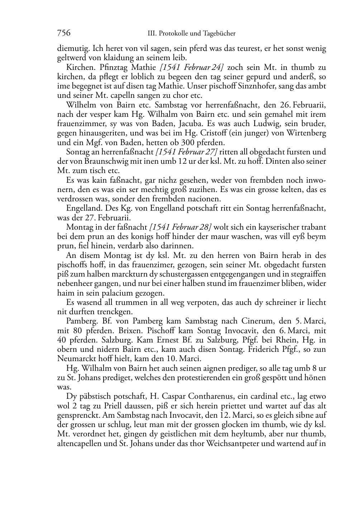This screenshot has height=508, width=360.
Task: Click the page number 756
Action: (64, 33)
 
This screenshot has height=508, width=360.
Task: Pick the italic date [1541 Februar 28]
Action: (180, 227)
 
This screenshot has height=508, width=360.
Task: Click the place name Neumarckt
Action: (76, 359)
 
